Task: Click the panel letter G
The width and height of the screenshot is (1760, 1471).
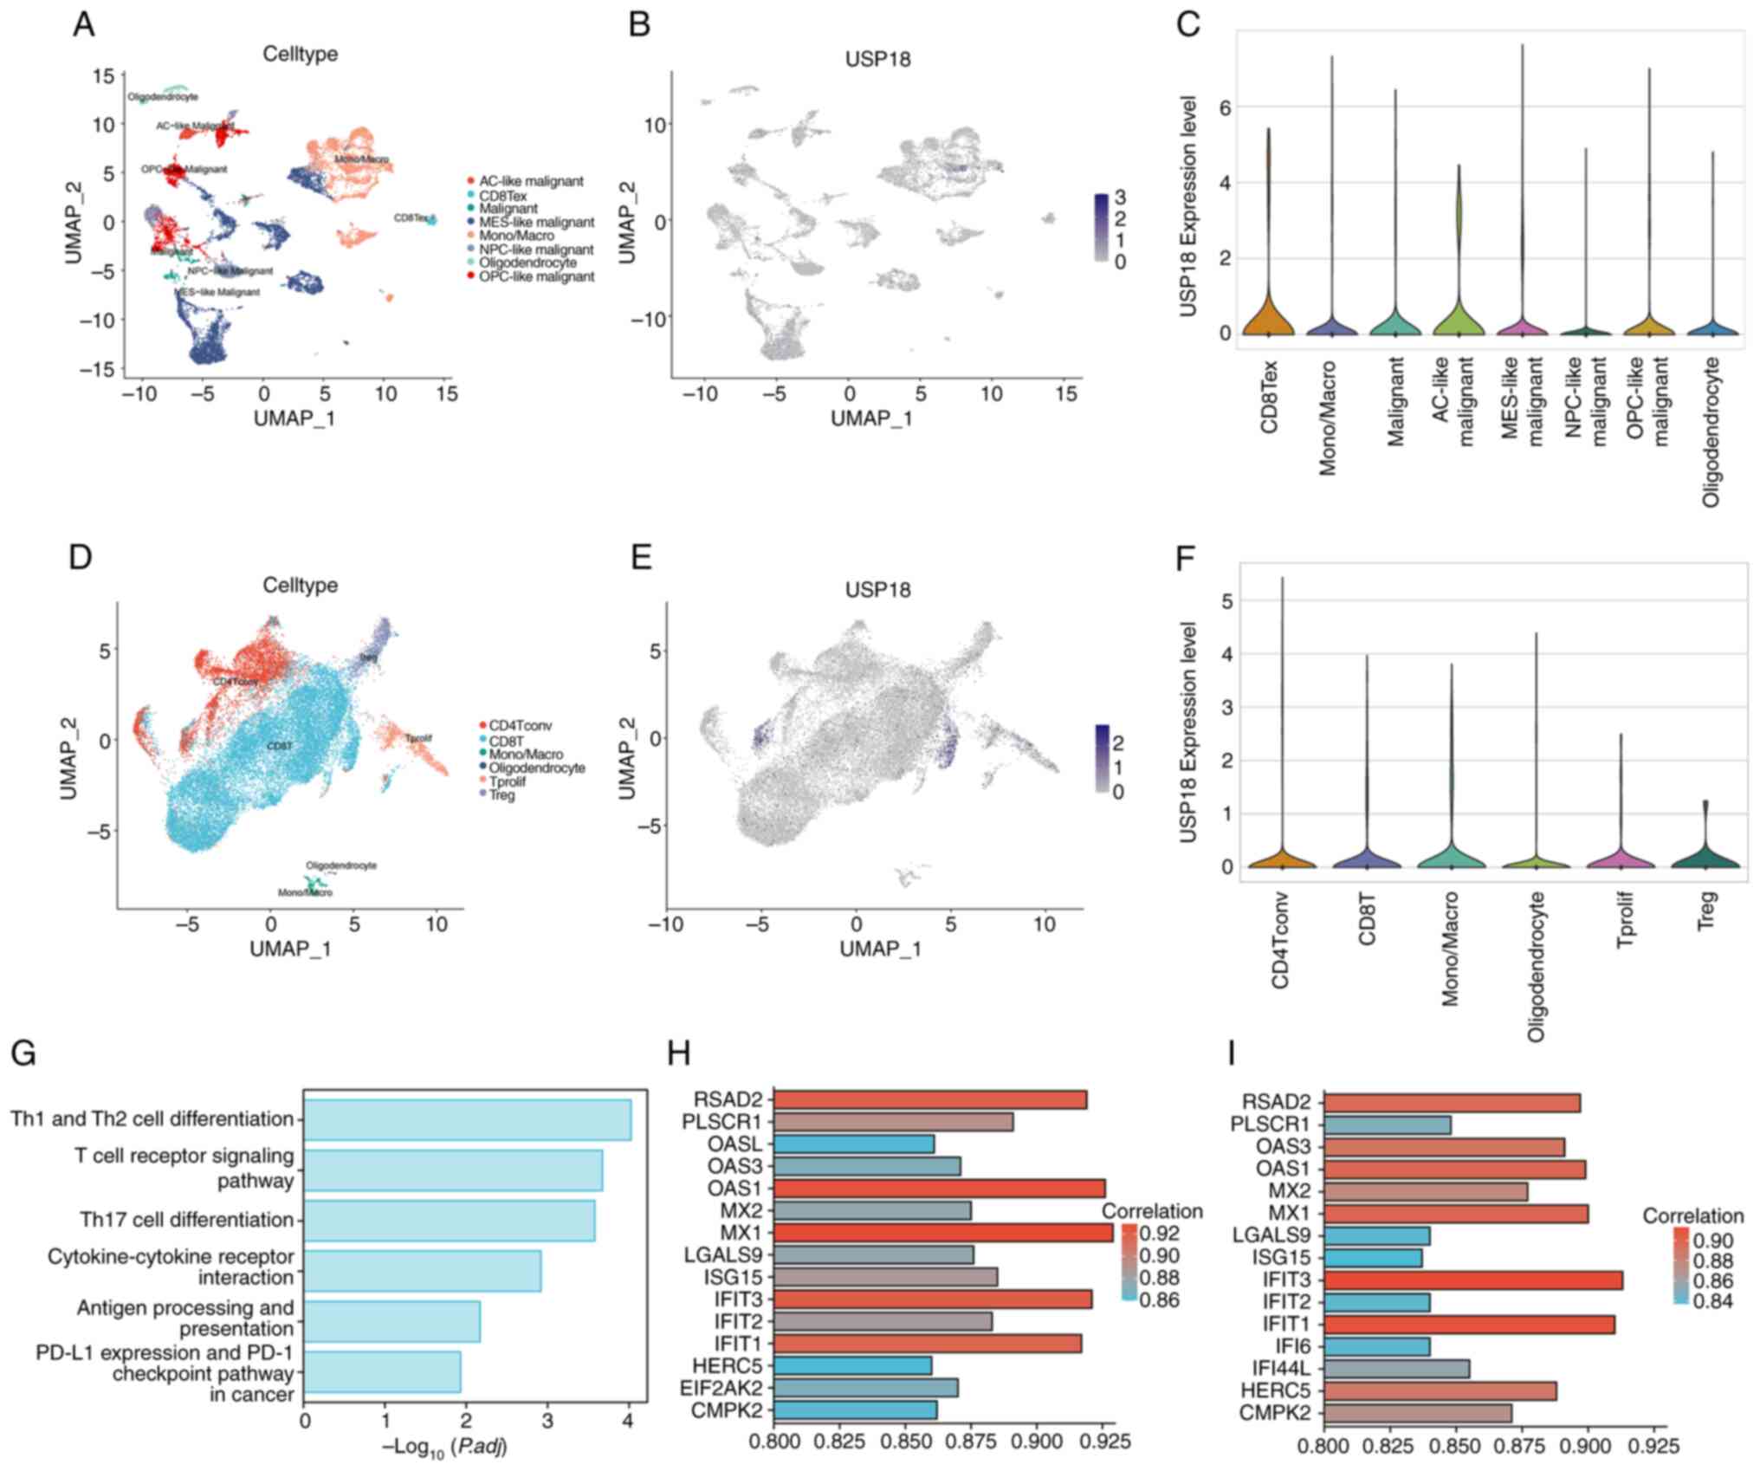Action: tap(23, 1054)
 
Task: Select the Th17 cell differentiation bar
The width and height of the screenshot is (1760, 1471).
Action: tap(450, 1220)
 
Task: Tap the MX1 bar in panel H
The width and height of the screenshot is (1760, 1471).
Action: tap(942, 1231)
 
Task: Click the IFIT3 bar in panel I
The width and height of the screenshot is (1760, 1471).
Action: tap(1472, 1280)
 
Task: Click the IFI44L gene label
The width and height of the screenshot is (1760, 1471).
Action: tap(1281, 1368)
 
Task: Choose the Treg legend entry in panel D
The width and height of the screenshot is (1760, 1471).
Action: tap(501, 795)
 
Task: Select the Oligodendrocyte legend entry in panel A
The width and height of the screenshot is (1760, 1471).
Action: tap(527, 262)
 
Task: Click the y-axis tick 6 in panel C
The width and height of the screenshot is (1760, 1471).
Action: tap(1225, 107)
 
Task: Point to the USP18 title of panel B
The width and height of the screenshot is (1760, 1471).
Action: tap(877, 60)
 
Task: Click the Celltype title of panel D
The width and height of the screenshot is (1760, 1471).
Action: tap(300, 585)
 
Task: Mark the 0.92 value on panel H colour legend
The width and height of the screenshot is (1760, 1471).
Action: tap(1161, 1233)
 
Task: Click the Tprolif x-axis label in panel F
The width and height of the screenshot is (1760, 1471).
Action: tap(1623, 920)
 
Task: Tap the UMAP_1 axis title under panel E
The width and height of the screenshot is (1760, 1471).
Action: tap(880, 949)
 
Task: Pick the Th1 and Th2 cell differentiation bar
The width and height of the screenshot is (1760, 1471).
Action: tap(468, 1119)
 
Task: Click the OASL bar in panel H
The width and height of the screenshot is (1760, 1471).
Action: tap(853, 1144)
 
